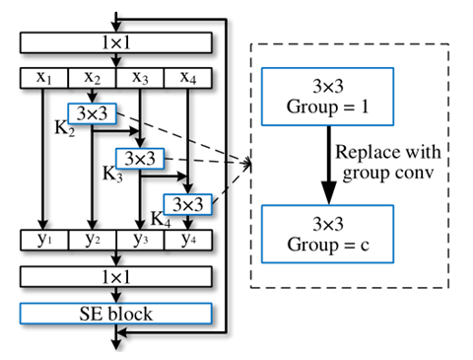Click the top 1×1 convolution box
116,44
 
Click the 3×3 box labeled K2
92,114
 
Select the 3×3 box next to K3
140,158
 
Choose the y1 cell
44,239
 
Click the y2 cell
92,239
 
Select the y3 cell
140,239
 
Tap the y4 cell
187,239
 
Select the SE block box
116,313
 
